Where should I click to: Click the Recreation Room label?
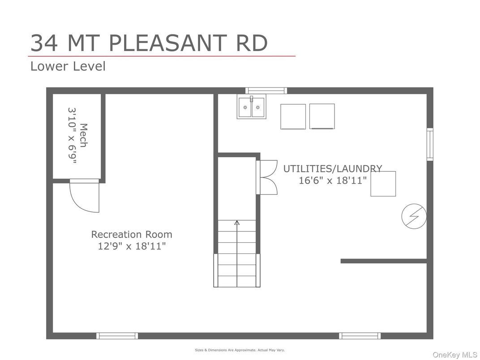tap(132, 234)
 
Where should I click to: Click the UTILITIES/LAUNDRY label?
tap(332, 169)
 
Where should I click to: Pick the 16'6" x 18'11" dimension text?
tap(332, 180)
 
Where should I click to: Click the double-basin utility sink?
tap(251, 107)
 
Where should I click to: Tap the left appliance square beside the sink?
tap(293, 116)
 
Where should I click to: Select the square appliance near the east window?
tap(383, 184)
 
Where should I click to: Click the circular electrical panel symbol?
tap(413, 216)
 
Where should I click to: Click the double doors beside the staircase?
tap(267, 177)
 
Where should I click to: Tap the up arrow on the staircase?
tap(237, 222)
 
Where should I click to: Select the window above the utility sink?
tap(266, 90)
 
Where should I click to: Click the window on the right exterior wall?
tap(430, 144)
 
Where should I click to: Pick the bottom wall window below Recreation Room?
tap(117, 336)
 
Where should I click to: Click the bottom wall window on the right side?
tap(360, 336)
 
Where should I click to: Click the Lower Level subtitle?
tap(68, 66)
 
